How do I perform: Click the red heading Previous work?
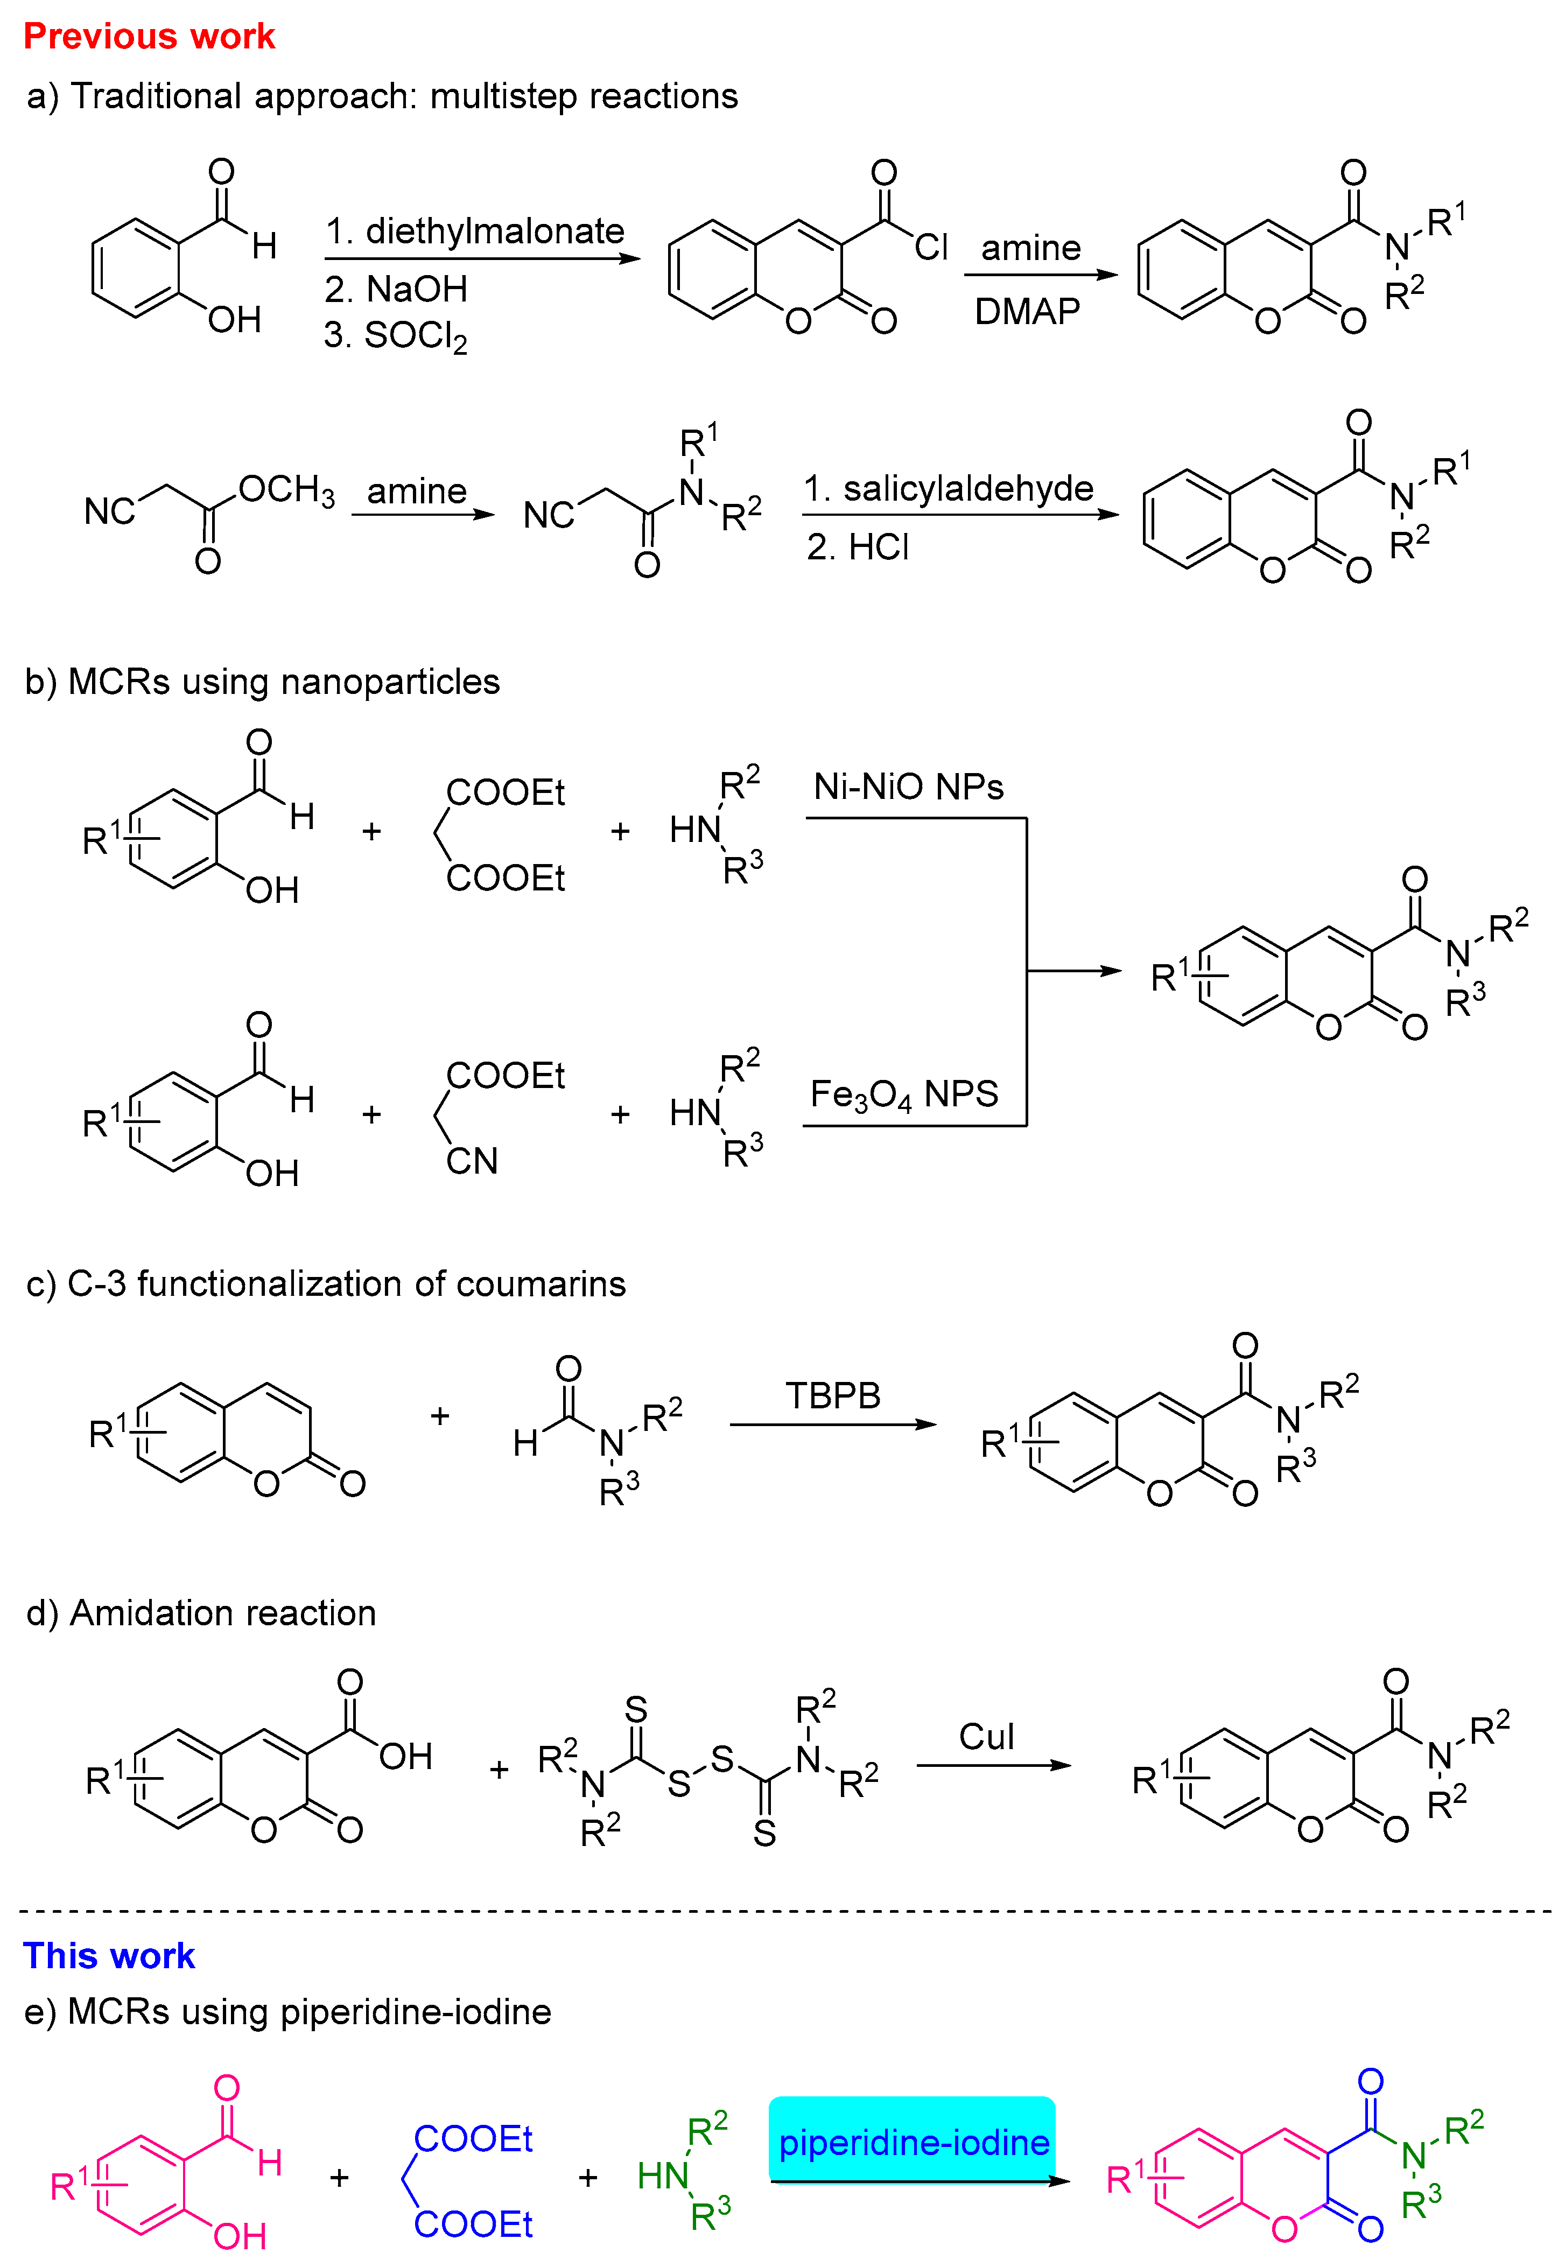[149, 36]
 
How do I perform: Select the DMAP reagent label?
[1027, 312]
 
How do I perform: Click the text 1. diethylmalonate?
[475, 231]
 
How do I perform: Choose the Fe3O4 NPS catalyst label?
[903, 1094]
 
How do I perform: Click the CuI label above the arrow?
[986, 1737]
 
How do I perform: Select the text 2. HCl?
[858, 547]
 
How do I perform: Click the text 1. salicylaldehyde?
[948, 488]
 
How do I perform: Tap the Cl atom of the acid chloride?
[931, 247]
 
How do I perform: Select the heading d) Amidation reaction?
[201, 1613]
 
